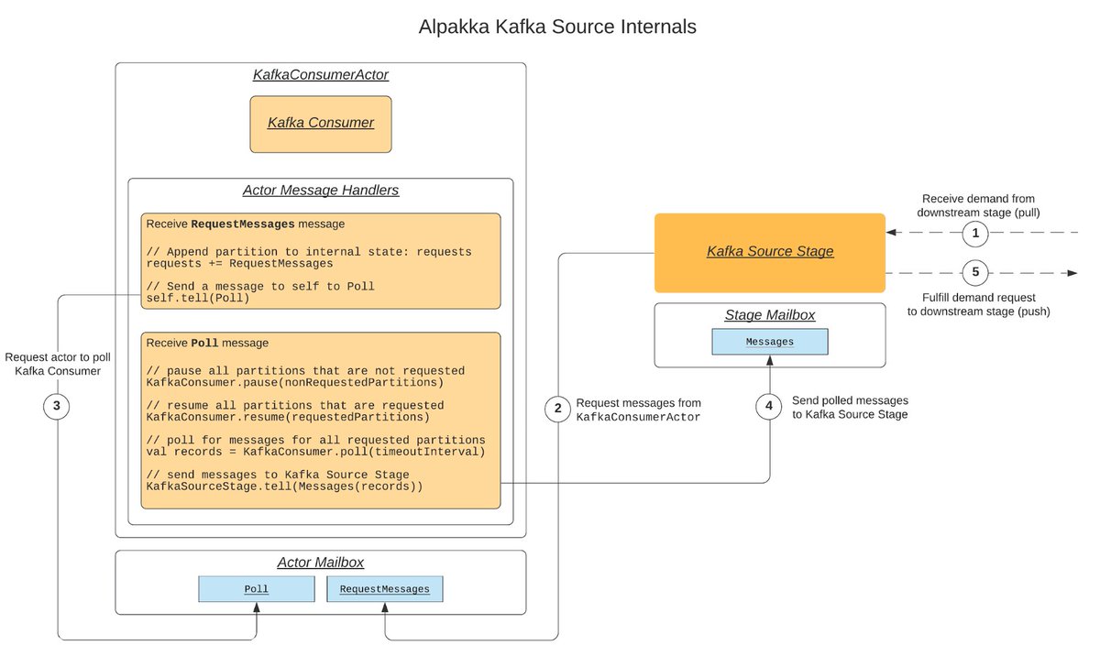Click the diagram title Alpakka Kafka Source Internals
[x=557, y=27]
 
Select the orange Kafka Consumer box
[x=321, y=123]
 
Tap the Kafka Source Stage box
[x=770, y=251]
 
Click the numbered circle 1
[x=975, y=234]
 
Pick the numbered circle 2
[x=557, y=410]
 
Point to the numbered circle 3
[x=57, y=405]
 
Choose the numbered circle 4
[x=770, y=405]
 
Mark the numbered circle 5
[x=975, y=273]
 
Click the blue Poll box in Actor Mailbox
[x=256, y=589]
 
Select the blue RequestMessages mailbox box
[x=384, y=589]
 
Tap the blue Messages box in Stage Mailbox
[x=770, y=342]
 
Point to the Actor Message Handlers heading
[x=320, y=191]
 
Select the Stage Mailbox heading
[x=770, y=315]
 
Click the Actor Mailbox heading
[x=320, y=563]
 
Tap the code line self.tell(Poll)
[x=197, y=299]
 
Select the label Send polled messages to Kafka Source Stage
[x=850, y=408]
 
